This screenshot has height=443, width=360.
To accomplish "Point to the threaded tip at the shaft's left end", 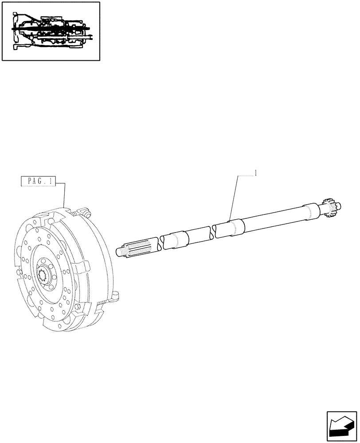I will pos(121,252).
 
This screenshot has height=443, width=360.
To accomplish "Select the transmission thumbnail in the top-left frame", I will pos(50,31).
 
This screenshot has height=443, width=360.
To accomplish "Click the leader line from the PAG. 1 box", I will pos(65,195).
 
